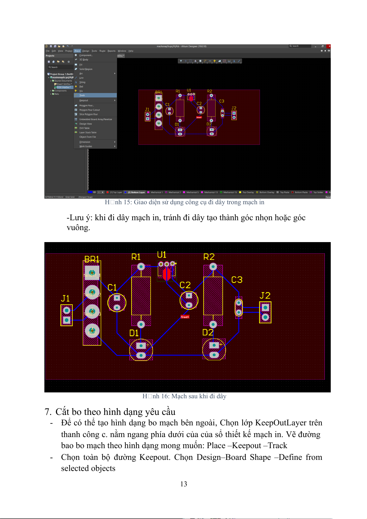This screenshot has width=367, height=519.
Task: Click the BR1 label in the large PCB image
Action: [x=92, y=259]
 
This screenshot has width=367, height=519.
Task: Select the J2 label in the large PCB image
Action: [x=265, y=296]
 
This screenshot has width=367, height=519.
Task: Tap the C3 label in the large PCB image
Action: [x=237, y=280]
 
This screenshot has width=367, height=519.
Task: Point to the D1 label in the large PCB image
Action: [x=134, y=333]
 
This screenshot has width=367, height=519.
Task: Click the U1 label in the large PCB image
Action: [x=161, y=255]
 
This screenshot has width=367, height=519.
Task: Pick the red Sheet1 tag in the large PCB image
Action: [x=185, y=317]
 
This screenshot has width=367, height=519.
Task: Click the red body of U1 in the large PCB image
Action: [x=167, y=274]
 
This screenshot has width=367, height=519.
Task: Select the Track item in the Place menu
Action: [x=82, y=95]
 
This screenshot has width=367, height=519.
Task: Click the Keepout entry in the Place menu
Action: [x=84, y=100]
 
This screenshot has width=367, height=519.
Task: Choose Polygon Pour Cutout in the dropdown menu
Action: [x=89, y=110]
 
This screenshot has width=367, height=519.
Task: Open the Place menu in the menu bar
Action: [x=77, y=51]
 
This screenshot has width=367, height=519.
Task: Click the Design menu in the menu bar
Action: [x=86, y=51]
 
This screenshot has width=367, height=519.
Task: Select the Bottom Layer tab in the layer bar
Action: [x=136, y=192]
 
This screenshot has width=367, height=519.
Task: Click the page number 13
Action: [x=184, y=484]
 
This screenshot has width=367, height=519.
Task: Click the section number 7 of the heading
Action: [x=47, y=412]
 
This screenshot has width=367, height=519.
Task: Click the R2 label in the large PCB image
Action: [x=209, y=257]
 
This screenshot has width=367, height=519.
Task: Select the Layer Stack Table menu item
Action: [x=88, y=132]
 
